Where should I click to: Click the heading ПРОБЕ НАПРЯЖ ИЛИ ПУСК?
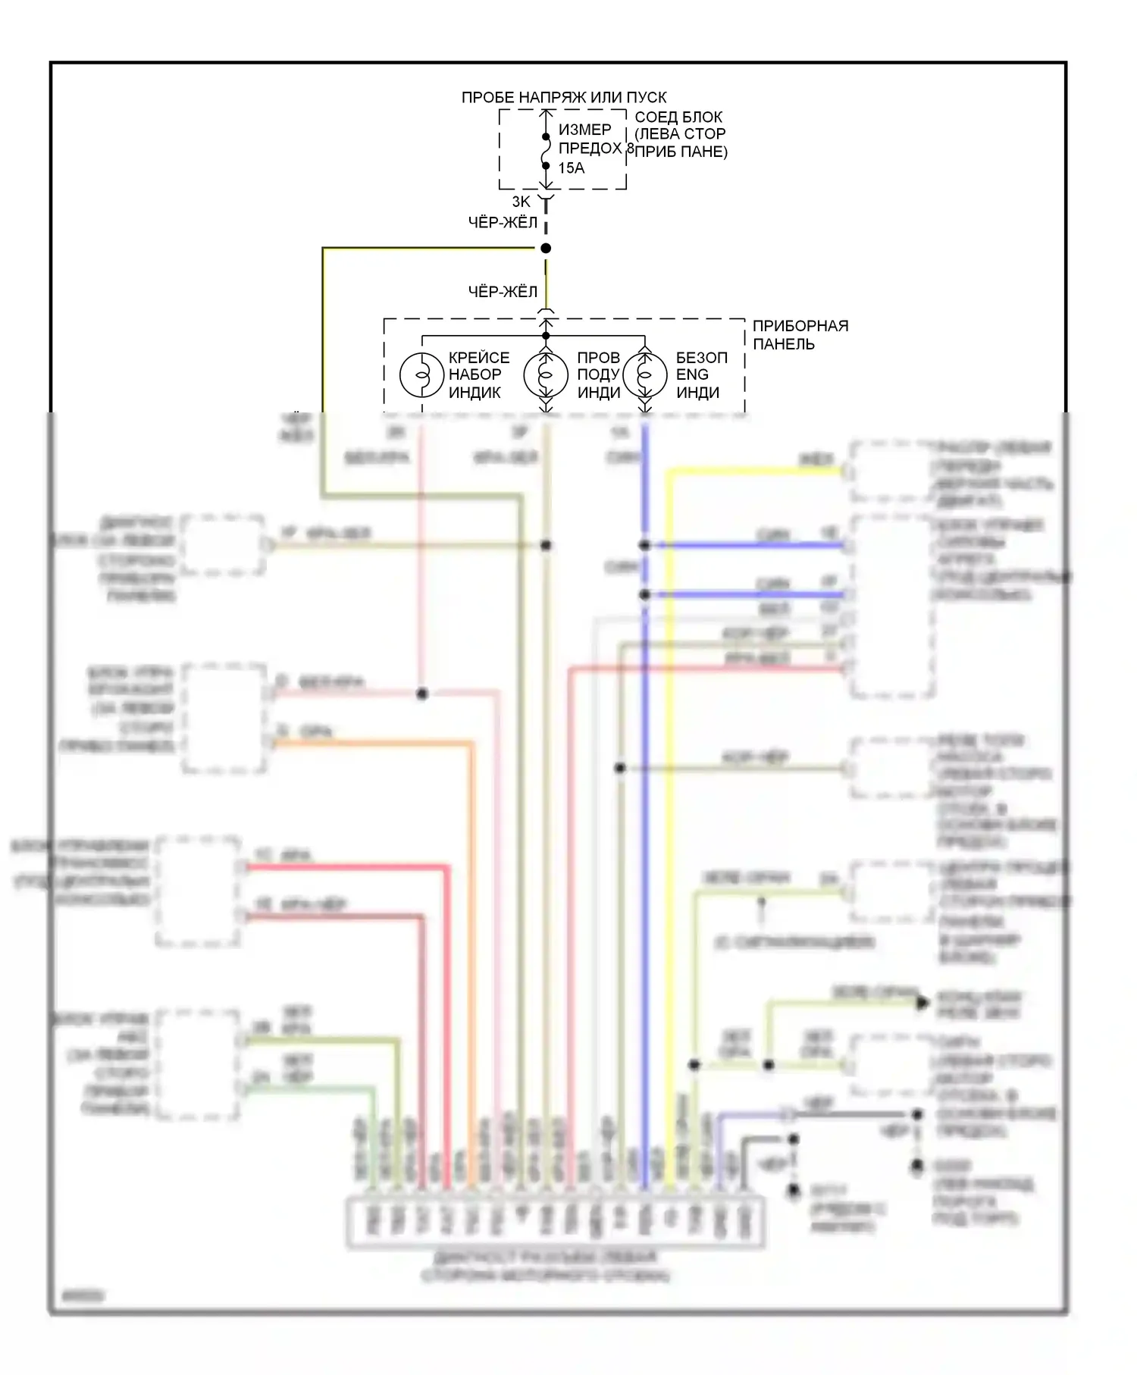[564, 98]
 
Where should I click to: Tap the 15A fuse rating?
[572, 168]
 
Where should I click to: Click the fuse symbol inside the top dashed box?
[546, 152]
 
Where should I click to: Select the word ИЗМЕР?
[584, 130]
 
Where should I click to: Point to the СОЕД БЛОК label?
[678, 117]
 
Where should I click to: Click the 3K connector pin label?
[522, 202]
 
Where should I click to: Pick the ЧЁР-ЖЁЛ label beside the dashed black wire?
[503, 223]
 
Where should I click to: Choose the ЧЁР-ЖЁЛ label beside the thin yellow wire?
[503, 292]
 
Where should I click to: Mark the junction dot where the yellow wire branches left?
[546, 249]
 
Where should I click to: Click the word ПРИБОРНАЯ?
[800, 326]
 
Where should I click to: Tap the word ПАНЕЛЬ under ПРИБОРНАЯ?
[784, 344]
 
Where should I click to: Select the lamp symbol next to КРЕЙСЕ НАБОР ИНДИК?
[421, 374]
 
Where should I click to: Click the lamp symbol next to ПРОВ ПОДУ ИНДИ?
[546, 374]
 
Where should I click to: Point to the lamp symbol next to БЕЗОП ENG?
[645, 374]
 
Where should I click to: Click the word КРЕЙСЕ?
[479, 358]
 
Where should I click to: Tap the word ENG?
[692, 375]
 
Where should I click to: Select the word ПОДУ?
[599, 375]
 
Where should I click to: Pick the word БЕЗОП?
[701, 358]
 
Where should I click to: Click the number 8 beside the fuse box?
[630, 149]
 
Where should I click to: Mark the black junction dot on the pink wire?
[422, 694]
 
